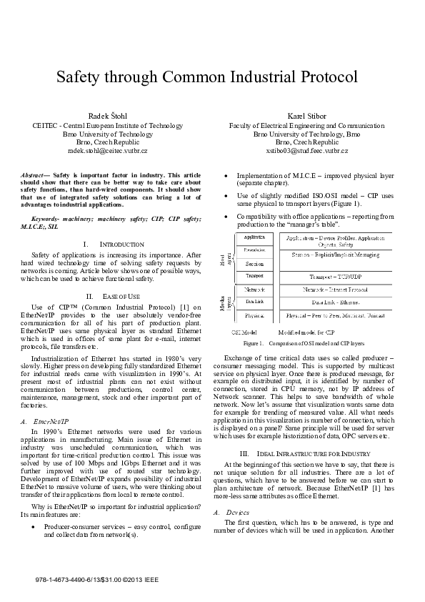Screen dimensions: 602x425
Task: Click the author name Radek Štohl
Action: pos(108,115)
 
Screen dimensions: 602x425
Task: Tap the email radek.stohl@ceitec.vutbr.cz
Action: pos(108,152)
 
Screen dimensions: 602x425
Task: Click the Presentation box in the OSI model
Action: pos(255,250)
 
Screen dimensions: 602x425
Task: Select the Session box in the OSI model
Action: pos(255,264)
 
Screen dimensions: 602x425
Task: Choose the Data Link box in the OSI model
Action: pos(255,302)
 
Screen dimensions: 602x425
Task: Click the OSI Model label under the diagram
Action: pos(244,333)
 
